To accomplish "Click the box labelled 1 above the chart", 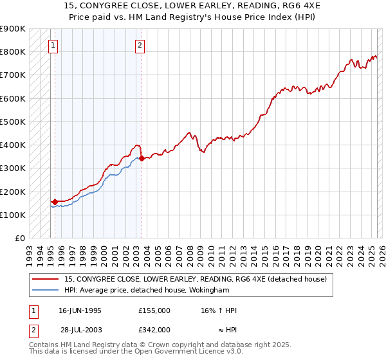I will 52,46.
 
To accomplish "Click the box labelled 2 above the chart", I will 140,46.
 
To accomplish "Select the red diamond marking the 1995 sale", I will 55,202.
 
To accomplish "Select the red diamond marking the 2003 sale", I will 142,158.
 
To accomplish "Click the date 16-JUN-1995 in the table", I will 80,310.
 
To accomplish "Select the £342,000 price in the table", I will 154,329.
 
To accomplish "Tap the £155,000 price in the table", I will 154,310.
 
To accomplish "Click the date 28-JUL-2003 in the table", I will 80,329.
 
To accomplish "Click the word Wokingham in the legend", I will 210,290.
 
